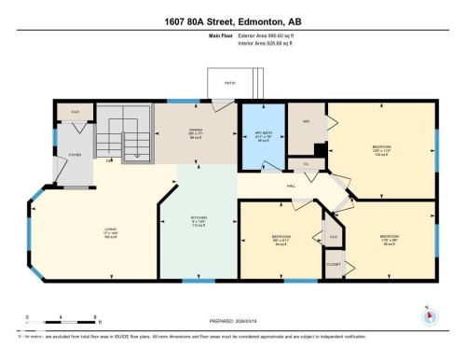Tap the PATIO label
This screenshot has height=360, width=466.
[229, 83]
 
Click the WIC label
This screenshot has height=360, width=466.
[304, 122]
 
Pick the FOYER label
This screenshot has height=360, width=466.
[75, 155]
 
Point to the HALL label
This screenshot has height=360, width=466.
[291, 185]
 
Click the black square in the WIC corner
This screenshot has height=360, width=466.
[320, 148]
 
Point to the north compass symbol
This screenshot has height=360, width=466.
[430, 315]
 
